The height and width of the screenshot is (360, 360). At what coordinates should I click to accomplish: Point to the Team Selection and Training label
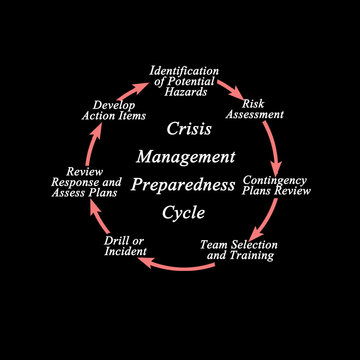point(239,249)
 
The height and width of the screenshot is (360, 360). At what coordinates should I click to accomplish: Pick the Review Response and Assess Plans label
point(86,182)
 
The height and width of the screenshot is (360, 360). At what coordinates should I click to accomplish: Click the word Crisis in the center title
point(189,129)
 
